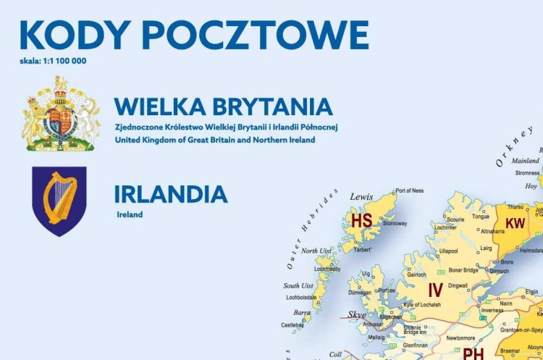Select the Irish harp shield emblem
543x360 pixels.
click(59, 201)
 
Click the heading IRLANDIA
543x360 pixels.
click(171, 194)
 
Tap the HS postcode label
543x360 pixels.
click(361, 220)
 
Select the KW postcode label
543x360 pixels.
click(515, 224)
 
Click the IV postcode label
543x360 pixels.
click(435, 290)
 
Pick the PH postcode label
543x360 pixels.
click(473, 353)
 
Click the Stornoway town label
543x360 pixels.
click(395, 224)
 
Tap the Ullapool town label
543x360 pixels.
click(448, 251)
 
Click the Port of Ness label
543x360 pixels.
click(410, 191)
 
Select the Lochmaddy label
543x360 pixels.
click(327, 269)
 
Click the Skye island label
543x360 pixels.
click(357, 315)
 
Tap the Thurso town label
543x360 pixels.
click(515, 206)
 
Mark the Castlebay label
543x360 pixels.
click(292, 325)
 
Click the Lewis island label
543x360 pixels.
click(361, 196)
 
